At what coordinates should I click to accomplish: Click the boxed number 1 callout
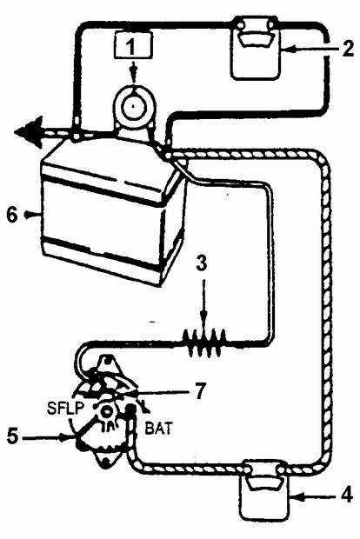pyautogui.click(x=132, y=46)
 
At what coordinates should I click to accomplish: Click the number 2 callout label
pyautogui.click(x=347, y=49)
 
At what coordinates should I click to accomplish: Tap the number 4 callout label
pyautogui.click(x=346, y=496)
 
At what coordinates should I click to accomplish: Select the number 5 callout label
pyautogui.click(x=12, y=436)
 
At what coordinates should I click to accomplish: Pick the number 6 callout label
pyautogui.click(x=12, y=216)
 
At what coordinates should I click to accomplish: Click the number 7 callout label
pyautogui.click(x=199, y=391)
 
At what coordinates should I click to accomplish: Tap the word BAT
pyautogui.click(x=159, y=429)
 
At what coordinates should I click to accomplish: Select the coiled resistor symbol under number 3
pyautogui.click(x=205, y=343)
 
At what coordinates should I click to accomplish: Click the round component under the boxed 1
pyautogui.click(x=134, y=105)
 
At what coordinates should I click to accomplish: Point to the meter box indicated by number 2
pyautogui.click(x=256, y=49)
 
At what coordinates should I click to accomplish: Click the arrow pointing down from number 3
pyautogui.click(x=204, y=302)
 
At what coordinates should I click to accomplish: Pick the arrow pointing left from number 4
pyautogui.click(x=313, y=496)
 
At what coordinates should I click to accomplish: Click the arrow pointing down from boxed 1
pyautogui.click(x=134, y=71)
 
